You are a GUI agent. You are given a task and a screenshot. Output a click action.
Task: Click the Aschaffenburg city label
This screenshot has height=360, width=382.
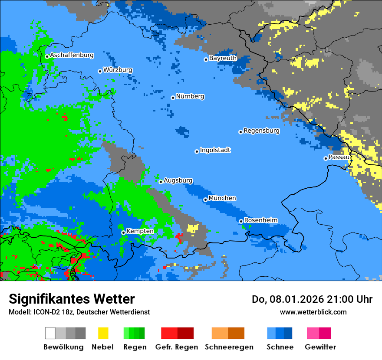point(72,55)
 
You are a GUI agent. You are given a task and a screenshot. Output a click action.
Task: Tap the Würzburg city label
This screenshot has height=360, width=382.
point(118,70)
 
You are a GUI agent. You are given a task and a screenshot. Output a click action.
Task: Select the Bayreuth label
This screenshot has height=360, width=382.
point(223,58)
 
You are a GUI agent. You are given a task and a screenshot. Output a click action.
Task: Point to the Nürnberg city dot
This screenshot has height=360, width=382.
point(173,98)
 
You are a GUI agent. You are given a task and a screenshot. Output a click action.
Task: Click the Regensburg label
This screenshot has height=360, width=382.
point(261,131)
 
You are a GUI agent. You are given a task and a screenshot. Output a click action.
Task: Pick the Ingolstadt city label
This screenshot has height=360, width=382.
point(215,150)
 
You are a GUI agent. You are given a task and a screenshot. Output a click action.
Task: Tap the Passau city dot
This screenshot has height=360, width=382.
point(326,158)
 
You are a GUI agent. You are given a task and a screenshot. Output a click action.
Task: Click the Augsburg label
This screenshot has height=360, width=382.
point(178,180)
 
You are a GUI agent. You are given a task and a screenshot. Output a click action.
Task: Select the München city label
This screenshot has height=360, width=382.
point(222,198)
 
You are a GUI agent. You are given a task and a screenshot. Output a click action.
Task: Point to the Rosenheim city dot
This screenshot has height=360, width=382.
point(241,221)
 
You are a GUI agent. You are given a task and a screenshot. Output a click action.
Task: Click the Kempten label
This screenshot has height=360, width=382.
point(140,231)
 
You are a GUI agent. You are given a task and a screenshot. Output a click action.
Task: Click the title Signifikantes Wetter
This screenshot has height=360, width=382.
point(72,299)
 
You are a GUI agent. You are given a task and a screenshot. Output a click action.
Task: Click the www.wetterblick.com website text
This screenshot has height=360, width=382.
point(313,312)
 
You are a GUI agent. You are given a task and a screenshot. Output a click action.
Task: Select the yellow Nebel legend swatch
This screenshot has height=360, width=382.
point(103,333)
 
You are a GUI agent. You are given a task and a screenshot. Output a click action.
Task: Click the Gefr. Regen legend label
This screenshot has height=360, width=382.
point(177,347)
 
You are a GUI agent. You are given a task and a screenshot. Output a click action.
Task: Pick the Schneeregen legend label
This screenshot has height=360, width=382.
point(229,347)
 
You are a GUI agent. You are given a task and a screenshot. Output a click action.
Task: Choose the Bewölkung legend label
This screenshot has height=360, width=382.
point(63,347)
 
